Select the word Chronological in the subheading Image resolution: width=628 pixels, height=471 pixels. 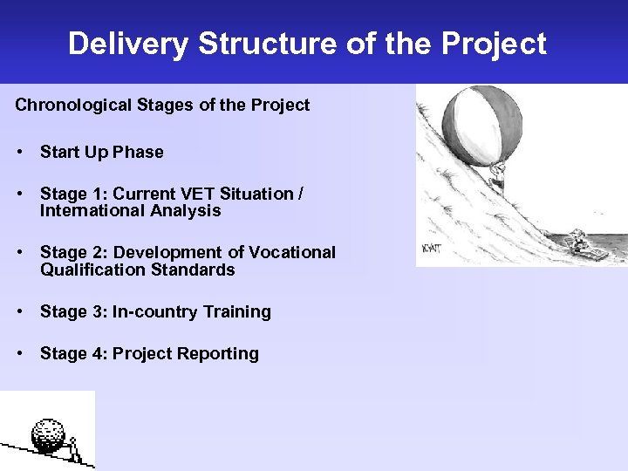73,106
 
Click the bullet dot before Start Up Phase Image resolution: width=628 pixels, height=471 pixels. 18,153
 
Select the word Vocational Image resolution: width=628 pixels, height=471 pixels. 292,253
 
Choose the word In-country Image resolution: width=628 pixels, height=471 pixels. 154,312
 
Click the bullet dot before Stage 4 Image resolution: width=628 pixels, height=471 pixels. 18,354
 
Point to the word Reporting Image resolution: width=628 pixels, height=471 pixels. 220,354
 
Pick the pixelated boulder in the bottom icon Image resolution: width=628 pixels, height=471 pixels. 50,433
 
